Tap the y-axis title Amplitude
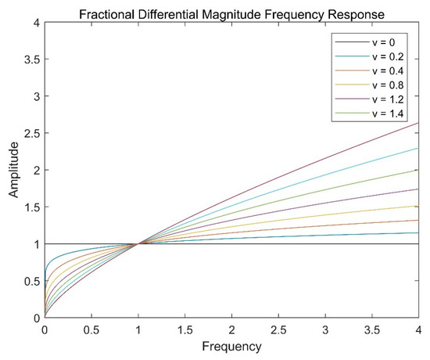click(13, 170)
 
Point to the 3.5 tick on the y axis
click(31, 59)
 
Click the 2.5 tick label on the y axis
click(31, 133)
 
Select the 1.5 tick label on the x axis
click(185, 329)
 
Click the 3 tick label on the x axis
click(325, 329)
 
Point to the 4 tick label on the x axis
click(418, 329)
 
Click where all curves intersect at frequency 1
click(138, 244)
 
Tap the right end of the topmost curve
click(418, 123)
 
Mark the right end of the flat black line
click(418, 244)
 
